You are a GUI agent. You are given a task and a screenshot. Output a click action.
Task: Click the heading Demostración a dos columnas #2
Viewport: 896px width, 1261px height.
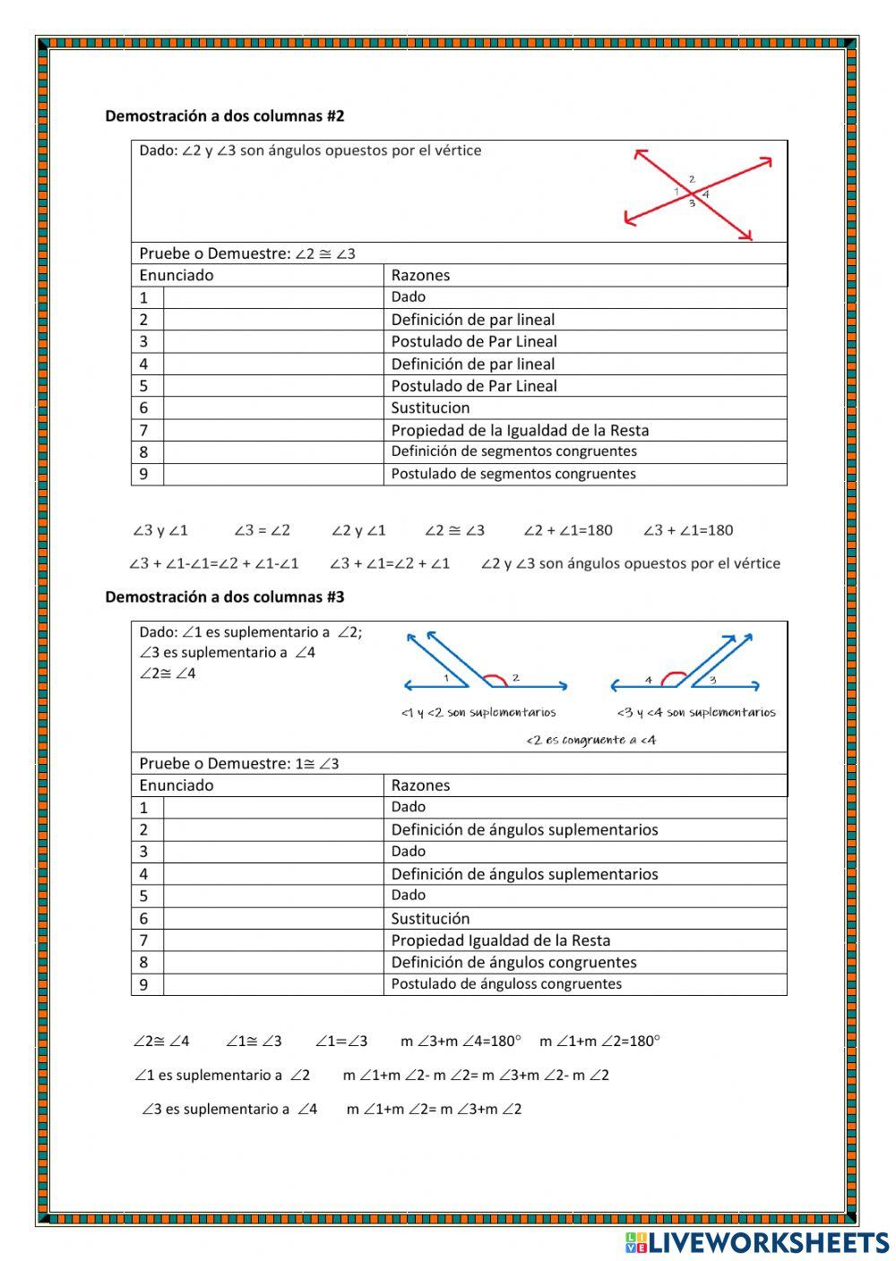coord(224,116)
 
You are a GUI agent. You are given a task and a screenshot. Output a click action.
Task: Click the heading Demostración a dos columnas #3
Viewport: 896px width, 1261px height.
coord(224,596)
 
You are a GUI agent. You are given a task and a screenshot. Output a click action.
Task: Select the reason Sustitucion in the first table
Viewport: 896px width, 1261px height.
coord(430,407)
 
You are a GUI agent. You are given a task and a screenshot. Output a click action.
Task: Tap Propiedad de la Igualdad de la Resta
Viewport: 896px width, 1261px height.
coord(520,430)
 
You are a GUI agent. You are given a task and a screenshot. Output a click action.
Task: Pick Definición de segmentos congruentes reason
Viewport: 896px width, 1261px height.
coord(513,451)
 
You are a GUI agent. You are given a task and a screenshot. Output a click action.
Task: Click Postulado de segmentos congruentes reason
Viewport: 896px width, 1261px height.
coord(513,474)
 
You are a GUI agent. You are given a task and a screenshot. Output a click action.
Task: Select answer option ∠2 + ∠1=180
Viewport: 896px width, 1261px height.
coord(568,530)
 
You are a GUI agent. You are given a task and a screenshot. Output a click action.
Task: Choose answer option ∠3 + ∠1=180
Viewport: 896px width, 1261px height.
coord(688,530)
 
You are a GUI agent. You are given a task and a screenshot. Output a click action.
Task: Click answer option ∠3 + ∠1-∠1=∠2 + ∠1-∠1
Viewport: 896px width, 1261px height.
coord(214,563)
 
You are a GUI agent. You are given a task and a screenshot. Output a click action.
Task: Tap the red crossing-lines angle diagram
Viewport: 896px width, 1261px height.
coord(697,193)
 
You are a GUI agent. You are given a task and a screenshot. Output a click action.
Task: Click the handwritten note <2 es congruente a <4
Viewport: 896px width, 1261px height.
coord(590,740)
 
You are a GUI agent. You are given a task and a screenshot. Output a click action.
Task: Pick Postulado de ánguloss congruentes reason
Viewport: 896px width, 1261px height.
coord(506,983)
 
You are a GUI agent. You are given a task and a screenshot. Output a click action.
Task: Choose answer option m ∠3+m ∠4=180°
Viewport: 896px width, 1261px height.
coord(460,1041)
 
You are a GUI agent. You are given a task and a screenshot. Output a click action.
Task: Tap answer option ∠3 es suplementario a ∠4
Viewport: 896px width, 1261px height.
coord(230,1109)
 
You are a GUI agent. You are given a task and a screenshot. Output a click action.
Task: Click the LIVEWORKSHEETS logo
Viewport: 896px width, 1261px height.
coord(756,1242)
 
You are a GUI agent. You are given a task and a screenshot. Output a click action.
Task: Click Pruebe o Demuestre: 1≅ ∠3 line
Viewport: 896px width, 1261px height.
coord(239,764)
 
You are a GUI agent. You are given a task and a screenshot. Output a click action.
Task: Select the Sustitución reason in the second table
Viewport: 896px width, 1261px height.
coord(430,918)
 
